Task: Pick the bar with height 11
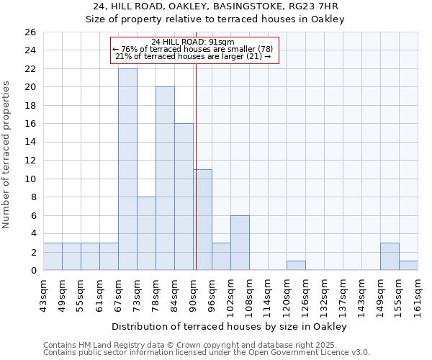tap(202, 220)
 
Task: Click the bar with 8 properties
tap(146, 233)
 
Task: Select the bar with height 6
tap(240, 243)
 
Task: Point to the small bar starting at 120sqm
tap(296, 266)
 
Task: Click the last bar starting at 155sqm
tap(408, 266)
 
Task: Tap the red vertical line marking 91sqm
tap(196, 166)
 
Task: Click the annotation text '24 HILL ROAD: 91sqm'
tap(192, 41)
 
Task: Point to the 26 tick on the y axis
tap(30, 32)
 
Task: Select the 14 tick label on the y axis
tap(30, 143)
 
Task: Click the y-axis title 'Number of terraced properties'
tap(7, 155)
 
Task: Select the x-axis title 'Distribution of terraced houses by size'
tap(230, 327)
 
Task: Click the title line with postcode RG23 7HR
tap(216, 6)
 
